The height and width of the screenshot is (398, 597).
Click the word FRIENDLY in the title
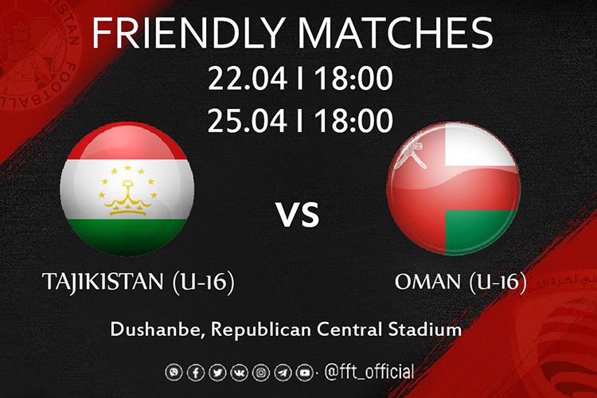tap(188, 33)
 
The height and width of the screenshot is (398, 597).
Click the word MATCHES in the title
tap(395, 33)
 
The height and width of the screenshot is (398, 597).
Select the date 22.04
tap(248, 79)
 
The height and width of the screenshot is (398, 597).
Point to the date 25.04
tap(248, 120)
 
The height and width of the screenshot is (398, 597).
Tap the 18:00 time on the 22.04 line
tap(353, 79)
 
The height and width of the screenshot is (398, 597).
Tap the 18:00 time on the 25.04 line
tap(353, 120)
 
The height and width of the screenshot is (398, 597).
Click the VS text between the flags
tap(298, 215)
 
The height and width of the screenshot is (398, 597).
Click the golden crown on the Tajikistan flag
tap(128, 198)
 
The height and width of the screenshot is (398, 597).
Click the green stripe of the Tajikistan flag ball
tap(127, 236)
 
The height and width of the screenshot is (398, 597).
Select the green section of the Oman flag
tap(481, 229)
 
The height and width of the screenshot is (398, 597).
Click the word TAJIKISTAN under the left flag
tap(103, 282)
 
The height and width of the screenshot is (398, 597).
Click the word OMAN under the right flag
tap(428, 282)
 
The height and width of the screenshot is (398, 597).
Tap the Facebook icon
tap(196, 373)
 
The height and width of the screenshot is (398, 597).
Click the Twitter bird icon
tap(217, 373)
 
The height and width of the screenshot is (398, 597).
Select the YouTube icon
tap(305, 373)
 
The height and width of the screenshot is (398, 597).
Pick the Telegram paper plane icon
tap(283, 373)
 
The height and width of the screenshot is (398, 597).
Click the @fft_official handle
tap(369, 372)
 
